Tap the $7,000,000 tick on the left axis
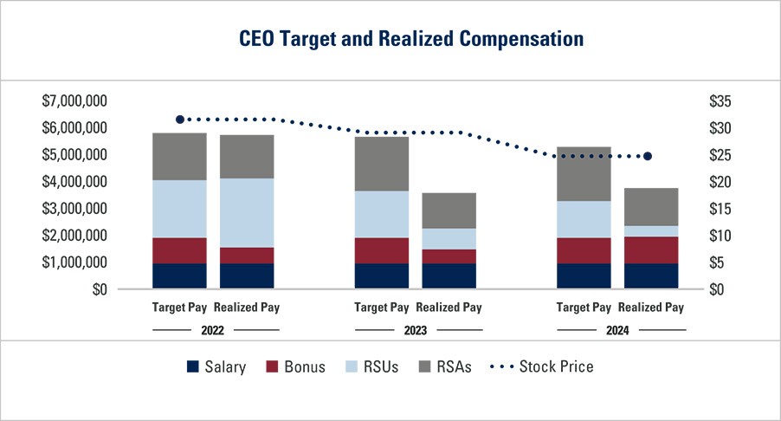[x=74, y=101]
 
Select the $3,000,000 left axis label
[x=74, y=209]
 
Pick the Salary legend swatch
[x=193, y=366]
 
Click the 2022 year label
[x=212, y=330]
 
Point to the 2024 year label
[x=617, y=330]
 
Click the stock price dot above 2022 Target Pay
[x=180, y=120]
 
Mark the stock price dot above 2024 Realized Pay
[x=648, y=156]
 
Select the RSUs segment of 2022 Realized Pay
[x=247, y=212]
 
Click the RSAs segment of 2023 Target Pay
[x=382, y=164]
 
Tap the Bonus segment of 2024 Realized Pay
[x=651, y=249]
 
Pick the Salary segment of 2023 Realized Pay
[x=449, y=275]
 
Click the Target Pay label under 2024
[x=584, y=308]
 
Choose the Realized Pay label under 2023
[x=449, y=308]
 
